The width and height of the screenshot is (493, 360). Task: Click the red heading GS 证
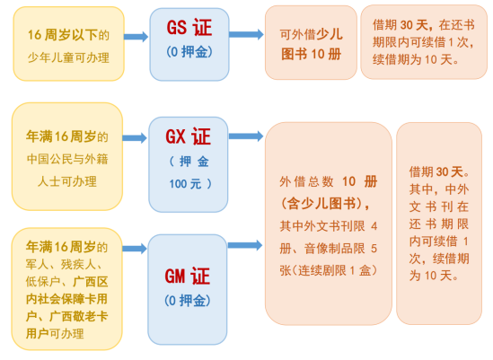189,27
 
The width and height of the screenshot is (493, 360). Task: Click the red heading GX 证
189,136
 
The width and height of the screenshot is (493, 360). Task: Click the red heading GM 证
188,276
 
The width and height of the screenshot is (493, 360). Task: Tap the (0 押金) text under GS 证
189,51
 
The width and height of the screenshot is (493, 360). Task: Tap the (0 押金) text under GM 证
188,301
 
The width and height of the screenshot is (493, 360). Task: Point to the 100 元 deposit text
190,184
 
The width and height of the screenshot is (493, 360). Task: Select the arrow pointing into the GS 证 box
136,37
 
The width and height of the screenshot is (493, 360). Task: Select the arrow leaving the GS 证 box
246,34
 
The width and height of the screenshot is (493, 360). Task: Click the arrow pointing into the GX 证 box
135,138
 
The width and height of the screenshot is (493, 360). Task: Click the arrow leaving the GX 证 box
246,136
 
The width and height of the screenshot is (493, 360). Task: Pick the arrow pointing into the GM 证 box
135,249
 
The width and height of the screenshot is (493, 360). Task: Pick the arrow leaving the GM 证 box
245,245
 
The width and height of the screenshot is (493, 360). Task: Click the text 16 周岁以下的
68,35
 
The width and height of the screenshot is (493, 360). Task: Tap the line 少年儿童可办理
68,57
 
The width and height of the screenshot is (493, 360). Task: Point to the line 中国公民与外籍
67,159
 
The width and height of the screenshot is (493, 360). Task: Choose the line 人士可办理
67,181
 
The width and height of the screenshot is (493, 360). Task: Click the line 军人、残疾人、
64,264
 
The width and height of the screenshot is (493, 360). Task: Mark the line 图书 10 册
312,54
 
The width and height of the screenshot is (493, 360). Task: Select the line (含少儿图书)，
325,204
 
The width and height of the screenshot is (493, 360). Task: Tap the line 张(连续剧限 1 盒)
329,270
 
